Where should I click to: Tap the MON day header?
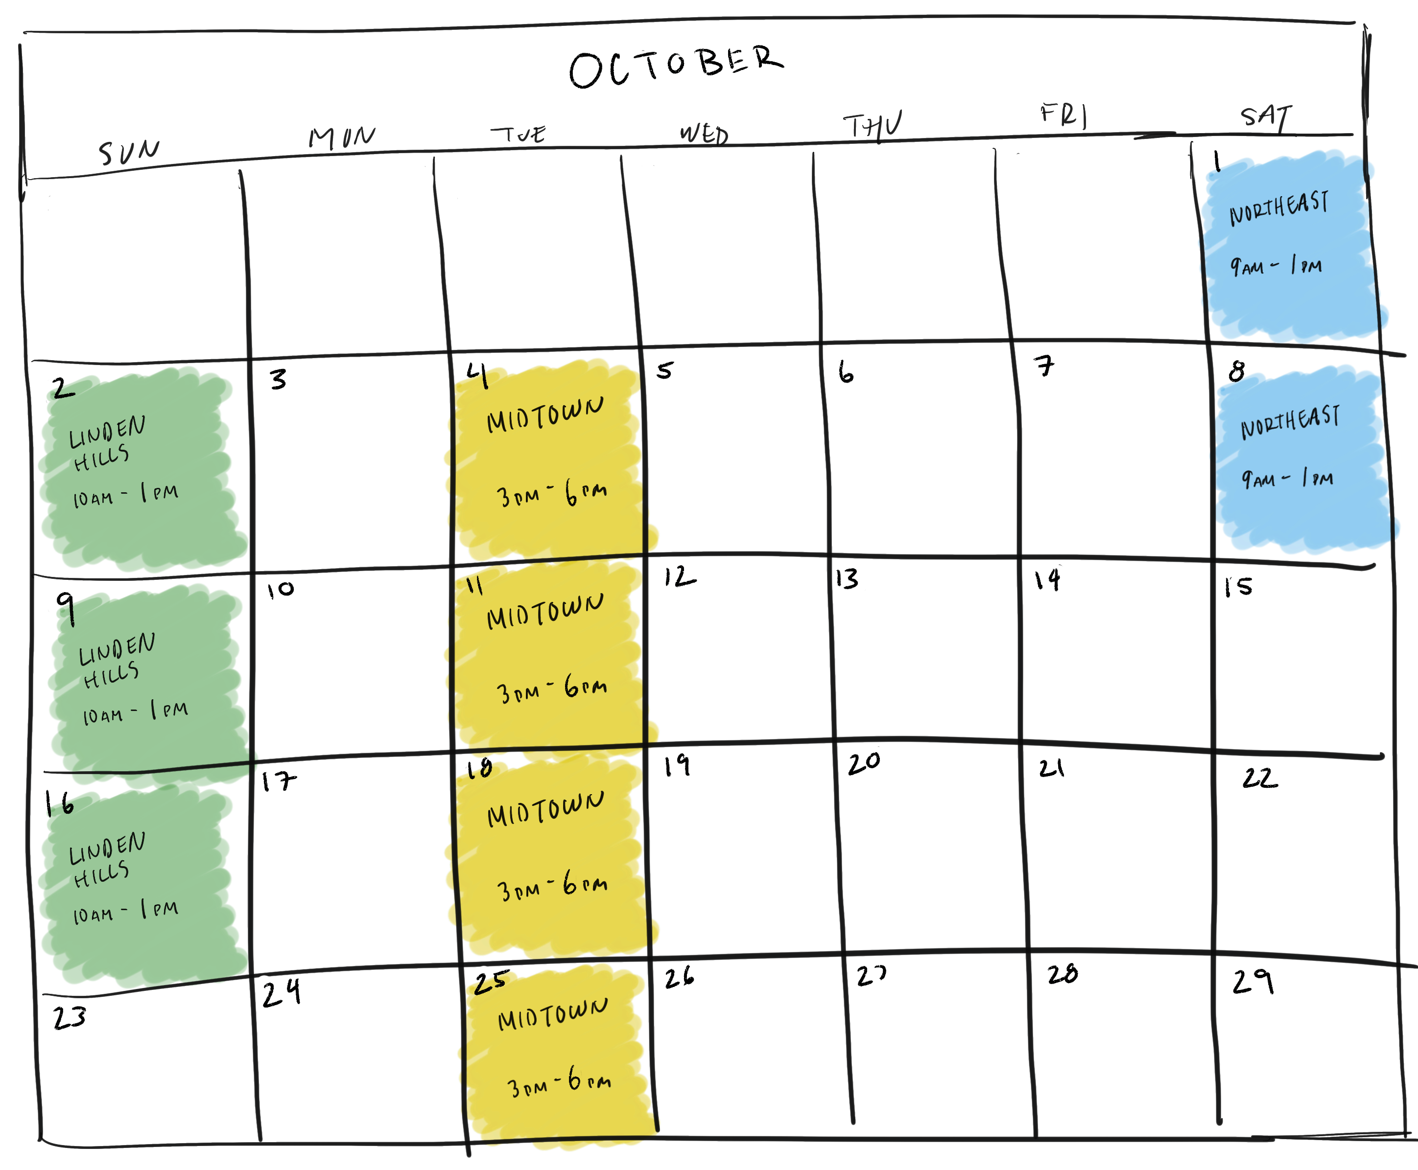(341, 137)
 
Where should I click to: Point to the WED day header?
(704, 134)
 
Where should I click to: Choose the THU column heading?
(873, 125)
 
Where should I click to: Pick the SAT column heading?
(1266, 116)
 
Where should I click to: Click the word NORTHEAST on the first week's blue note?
(1278, 207)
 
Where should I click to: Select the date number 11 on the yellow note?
(474, 586)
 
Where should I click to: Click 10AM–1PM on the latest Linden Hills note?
(125, 912)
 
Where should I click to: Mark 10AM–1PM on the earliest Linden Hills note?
(125, 495)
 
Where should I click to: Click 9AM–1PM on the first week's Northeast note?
(1276, 266)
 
